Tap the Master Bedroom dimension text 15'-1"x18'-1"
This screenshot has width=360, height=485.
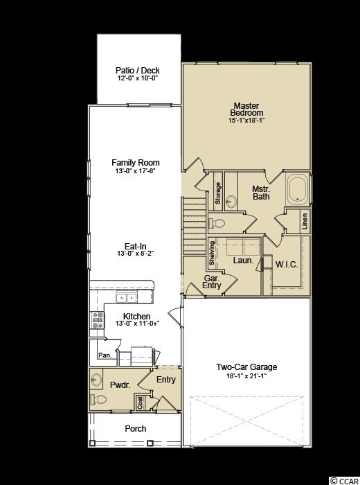(x=246, y=121)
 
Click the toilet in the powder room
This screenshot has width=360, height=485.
(x=99, y=399)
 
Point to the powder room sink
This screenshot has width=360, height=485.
(x=97, y=380)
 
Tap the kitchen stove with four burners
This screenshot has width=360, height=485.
(x=98, y=320)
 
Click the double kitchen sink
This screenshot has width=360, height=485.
(x=127, y=298)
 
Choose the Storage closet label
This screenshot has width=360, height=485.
(x=218, y=193)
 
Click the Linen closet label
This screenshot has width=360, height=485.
(x=305, y=221)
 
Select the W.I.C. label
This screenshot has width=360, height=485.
(x=287, y=265)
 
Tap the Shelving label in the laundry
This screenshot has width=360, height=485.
(x=212, y=253)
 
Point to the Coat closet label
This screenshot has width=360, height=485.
(x=140, y=403)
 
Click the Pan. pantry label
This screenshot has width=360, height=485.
(x=105, y=355)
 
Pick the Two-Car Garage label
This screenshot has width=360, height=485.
(x=246, y=367)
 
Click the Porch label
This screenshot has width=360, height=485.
(x=136, y=429)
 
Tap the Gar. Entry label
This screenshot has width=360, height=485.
(x=212, y=282)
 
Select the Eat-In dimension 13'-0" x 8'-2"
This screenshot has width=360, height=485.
(x=136, y=254)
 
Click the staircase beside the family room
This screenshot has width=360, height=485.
(x=195, y=226)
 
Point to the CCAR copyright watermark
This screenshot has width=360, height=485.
(x=345, y=481)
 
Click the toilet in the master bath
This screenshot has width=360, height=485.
(x=218, y=222)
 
